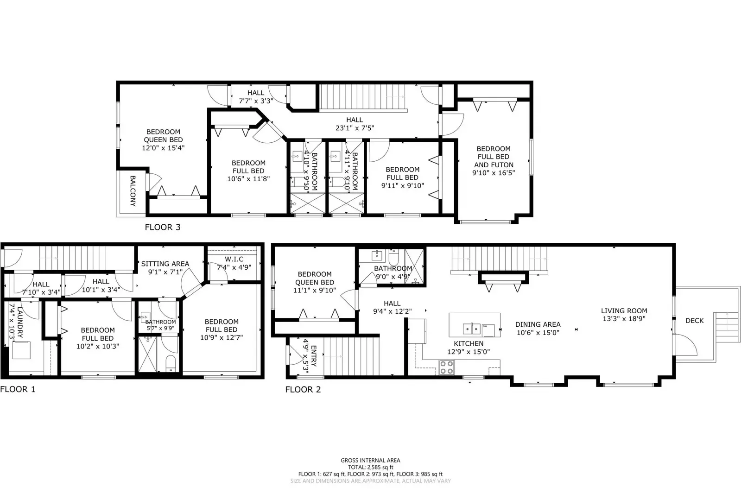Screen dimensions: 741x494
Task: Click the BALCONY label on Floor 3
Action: (133, 191)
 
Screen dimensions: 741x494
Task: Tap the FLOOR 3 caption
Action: (163, 228)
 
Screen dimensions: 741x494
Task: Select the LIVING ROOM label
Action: (624, 310)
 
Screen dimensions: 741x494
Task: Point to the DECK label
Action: (694, 321)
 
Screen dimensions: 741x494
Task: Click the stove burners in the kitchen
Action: (446, 367)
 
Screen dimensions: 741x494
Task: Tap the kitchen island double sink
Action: (471, 329)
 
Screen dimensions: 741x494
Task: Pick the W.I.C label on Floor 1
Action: (234, 260)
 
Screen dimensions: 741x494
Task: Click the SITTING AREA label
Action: (165, 264)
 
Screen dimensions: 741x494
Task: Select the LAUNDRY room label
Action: (20, 322)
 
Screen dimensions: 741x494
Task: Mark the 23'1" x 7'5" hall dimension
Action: (355, 128)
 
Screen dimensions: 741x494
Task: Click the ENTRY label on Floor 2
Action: (314, 356)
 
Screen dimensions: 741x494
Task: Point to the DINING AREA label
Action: (538, 324)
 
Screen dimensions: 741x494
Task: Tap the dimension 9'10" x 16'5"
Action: (494, 173)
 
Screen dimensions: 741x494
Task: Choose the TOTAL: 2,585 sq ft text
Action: (371, 467)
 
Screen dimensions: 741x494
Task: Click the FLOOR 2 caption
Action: (303, 389)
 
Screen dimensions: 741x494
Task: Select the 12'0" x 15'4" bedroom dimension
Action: (163, 148)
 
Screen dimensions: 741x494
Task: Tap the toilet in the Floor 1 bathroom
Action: (171, 364)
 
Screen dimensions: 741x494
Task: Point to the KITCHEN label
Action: (469, 344)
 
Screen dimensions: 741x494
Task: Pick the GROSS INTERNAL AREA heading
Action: (371, 460)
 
